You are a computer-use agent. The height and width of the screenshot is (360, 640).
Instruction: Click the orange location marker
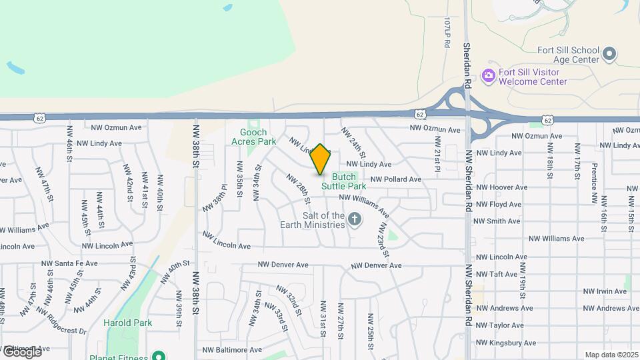pyautogui.click(x=320, y=159)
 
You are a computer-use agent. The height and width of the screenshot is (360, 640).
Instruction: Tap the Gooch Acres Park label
pyautogui.click(x=253, y=137)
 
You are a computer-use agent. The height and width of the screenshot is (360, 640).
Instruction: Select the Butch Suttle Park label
pyautogui.click(x=344, y=181)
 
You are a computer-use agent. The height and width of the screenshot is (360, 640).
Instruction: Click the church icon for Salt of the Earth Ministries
pyautogui.click(x=355, y=219)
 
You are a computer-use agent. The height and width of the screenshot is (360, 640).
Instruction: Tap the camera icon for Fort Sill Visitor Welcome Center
pyautogui.click(x=489, y=75)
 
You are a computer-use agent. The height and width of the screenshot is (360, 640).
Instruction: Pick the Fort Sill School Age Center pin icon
pyautogui.click(x=609, y=53)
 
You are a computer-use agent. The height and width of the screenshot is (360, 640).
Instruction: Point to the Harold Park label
pyautogui.click(x=128, y=323)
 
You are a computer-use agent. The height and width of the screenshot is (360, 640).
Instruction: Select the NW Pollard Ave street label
pyautogui.click(x=396, y=179)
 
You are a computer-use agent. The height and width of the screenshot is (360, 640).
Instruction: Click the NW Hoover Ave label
pyautogui.click(x=501, y=187)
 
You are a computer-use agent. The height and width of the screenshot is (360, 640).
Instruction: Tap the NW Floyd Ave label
pyautogui.click(x=499, y=204)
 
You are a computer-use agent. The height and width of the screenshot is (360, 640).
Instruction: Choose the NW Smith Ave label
pyautogui.click(x=498, y=221)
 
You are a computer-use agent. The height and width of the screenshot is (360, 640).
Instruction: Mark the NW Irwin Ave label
pyautogui.click(x=605, y=291)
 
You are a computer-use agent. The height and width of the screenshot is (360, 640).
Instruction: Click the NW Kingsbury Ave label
pyautogui.click(x=505, y=343)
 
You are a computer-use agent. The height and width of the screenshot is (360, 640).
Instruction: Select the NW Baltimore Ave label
pyautogui.click(x=232, y=349)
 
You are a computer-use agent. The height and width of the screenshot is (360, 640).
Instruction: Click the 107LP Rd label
pyautogui.click(x=447, y=33)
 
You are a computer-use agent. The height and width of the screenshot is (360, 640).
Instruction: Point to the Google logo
pyautogui.click(x=21, y=351)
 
